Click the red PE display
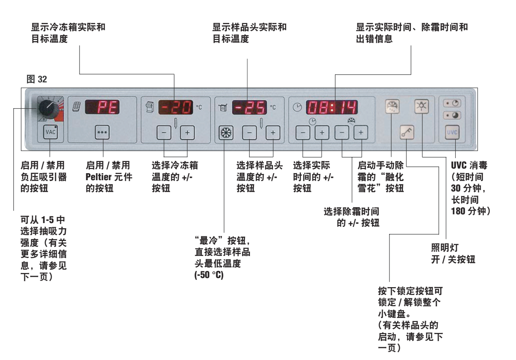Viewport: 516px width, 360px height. [102, 108]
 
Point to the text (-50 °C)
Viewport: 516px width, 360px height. [206, 276]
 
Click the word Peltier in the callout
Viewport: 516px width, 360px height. [97, 175]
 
